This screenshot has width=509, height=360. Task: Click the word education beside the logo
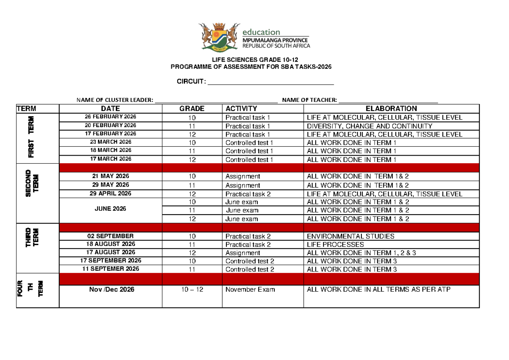pos(261,32)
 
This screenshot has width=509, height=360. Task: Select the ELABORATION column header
pos(391,109)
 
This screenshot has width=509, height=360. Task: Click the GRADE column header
pos(192,109)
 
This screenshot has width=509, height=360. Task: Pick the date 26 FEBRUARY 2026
pos(110,117)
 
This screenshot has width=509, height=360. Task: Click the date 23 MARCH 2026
pos(110,142)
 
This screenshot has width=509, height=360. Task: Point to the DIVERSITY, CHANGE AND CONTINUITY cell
pos(369,126)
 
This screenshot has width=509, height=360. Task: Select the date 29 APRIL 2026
pos(111,193)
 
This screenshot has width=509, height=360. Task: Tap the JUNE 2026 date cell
pos(111,209)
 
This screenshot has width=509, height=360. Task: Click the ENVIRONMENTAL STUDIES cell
pos(350,236)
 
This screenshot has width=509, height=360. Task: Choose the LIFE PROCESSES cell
pos(335,245)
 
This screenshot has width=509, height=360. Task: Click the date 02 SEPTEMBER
pos(111,236)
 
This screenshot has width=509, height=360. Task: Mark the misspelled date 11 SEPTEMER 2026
pos(111,269)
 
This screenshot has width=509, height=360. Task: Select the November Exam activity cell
pos(250,290)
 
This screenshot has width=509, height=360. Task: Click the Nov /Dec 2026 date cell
pos(111,290)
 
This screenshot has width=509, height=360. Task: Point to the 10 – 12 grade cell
pos(192,290)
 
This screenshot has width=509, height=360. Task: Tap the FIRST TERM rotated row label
pos(32,137)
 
